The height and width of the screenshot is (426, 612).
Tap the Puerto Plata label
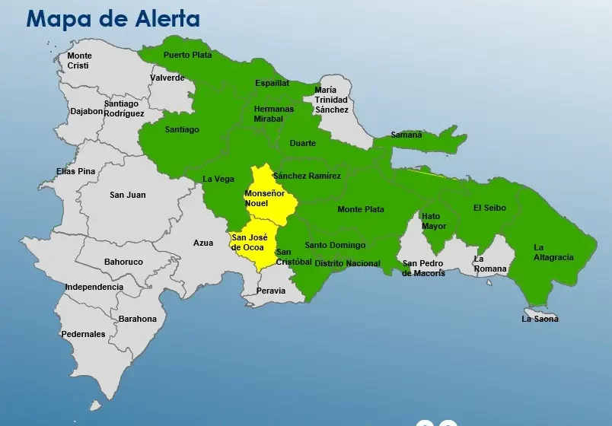[x=186, y=55]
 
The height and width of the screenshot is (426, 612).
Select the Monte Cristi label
[x=79, y=60]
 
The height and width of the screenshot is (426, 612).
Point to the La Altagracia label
[x=553, y=252]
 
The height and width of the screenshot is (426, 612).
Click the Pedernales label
[x=84, y=334]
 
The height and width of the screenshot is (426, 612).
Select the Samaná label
[x=406, y=135]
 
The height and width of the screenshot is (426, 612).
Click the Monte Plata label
[x=361, y=209]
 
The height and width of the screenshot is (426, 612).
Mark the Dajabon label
[x=86, y=111]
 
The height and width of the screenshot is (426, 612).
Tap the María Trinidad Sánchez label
[x=331, y=100]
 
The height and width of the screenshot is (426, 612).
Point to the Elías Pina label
[x=76, y=171]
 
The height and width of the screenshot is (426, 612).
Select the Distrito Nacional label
[x=347, y=263]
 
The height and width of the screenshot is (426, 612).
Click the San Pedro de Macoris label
[x=423, y=268]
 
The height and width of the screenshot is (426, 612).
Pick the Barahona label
[x=137, y=319]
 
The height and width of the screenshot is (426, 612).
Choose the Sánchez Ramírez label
[x=307, y=176]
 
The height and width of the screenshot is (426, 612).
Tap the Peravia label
[x=271, y=291]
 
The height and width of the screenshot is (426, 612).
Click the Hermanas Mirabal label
[x=273, y=114]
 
